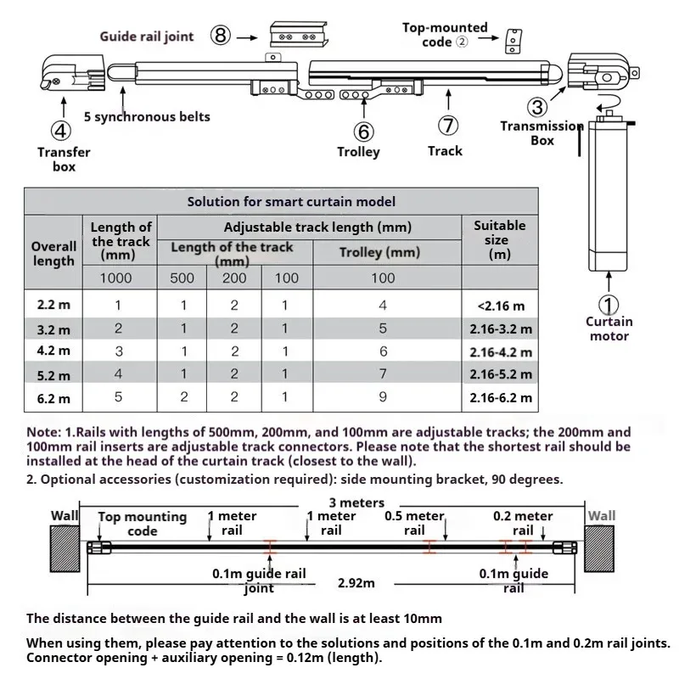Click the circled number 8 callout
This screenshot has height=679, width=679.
221,36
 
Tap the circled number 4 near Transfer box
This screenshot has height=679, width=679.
60,131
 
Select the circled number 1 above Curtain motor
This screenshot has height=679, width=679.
609,304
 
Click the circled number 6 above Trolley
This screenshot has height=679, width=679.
363,131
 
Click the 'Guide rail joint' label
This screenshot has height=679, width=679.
147,36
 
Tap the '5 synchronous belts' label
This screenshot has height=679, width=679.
147,116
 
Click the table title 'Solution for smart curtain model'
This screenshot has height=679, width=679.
291,202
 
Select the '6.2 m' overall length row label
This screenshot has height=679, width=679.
53,396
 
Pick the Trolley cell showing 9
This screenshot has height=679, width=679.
383,396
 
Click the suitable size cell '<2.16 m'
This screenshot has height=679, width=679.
501,306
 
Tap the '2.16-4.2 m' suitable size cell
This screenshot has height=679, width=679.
500,351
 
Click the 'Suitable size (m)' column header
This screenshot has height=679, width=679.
500,239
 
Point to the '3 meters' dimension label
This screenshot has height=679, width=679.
356,503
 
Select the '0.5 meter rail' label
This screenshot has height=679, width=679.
414,523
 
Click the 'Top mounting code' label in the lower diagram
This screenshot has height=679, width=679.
142,524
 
